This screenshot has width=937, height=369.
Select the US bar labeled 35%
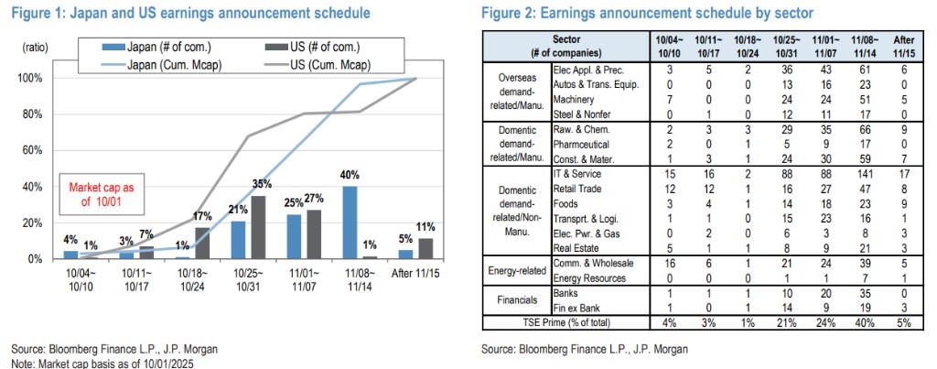coord(258,227)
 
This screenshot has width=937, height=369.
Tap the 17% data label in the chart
coord(203,217)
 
